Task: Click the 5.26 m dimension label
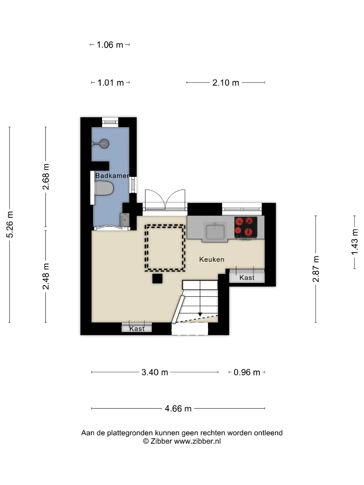[x=10, y=225]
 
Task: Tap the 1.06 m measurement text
[x=110, y=45]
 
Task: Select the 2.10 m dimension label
[x=226, y=83]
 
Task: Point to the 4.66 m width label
[x=178, y=409]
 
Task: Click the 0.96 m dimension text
[x=247, y=372]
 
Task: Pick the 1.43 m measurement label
[x=355, y=242]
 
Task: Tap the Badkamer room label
[x=112, y=176]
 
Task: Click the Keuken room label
[x=212, y=260]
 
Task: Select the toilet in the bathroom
[x=104, y=188]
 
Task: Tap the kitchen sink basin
[x=215, y=232]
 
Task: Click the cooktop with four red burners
[x=246, y=227]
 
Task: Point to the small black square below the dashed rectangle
[x=157, y=279]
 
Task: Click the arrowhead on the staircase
[x=200, y=314]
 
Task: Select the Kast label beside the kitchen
[x=247, y=278]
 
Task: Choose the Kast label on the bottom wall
[x=137, y=328]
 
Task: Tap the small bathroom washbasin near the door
[x=124, y=220]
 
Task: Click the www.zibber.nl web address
[x=197, y=441]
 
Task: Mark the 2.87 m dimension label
[x=316, y=269]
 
